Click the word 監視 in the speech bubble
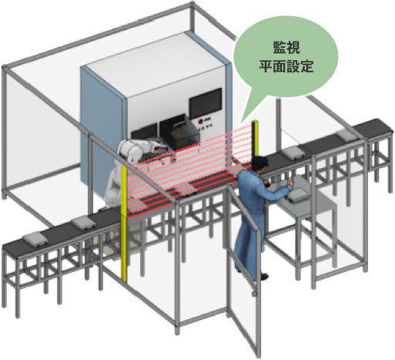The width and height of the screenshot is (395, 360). coord(286,48)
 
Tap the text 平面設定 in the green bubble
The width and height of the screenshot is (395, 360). coord(286,66)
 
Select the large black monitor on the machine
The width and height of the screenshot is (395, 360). coord(206,103)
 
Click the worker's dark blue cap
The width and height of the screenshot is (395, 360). coord(259,161)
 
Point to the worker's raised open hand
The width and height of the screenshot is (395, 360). coord(290,181)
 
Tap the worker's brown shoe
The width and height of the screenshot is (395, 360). coord(264,277)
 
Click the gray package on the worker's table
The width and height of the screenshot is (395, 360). coord(298,194)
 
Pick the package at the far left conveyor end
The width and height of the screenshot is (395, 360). coord(35,240)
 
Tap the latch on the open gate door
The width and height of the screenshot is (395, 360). coord(254,293)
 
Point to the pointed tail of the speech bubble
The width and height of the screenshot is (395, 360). coord(242,121)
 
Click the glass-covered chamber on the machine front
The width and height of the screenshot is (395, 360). coord(179,133)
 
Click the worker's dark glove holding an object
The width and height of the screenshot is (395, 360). coord(267,183)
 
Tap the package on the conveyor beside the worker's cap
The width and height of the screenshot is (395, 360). coord(293,153)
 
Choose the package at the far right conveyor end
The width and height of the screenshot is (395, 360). coord(346,135)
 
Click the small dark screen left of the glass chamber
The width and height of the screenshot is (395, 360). coord(144,132)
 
